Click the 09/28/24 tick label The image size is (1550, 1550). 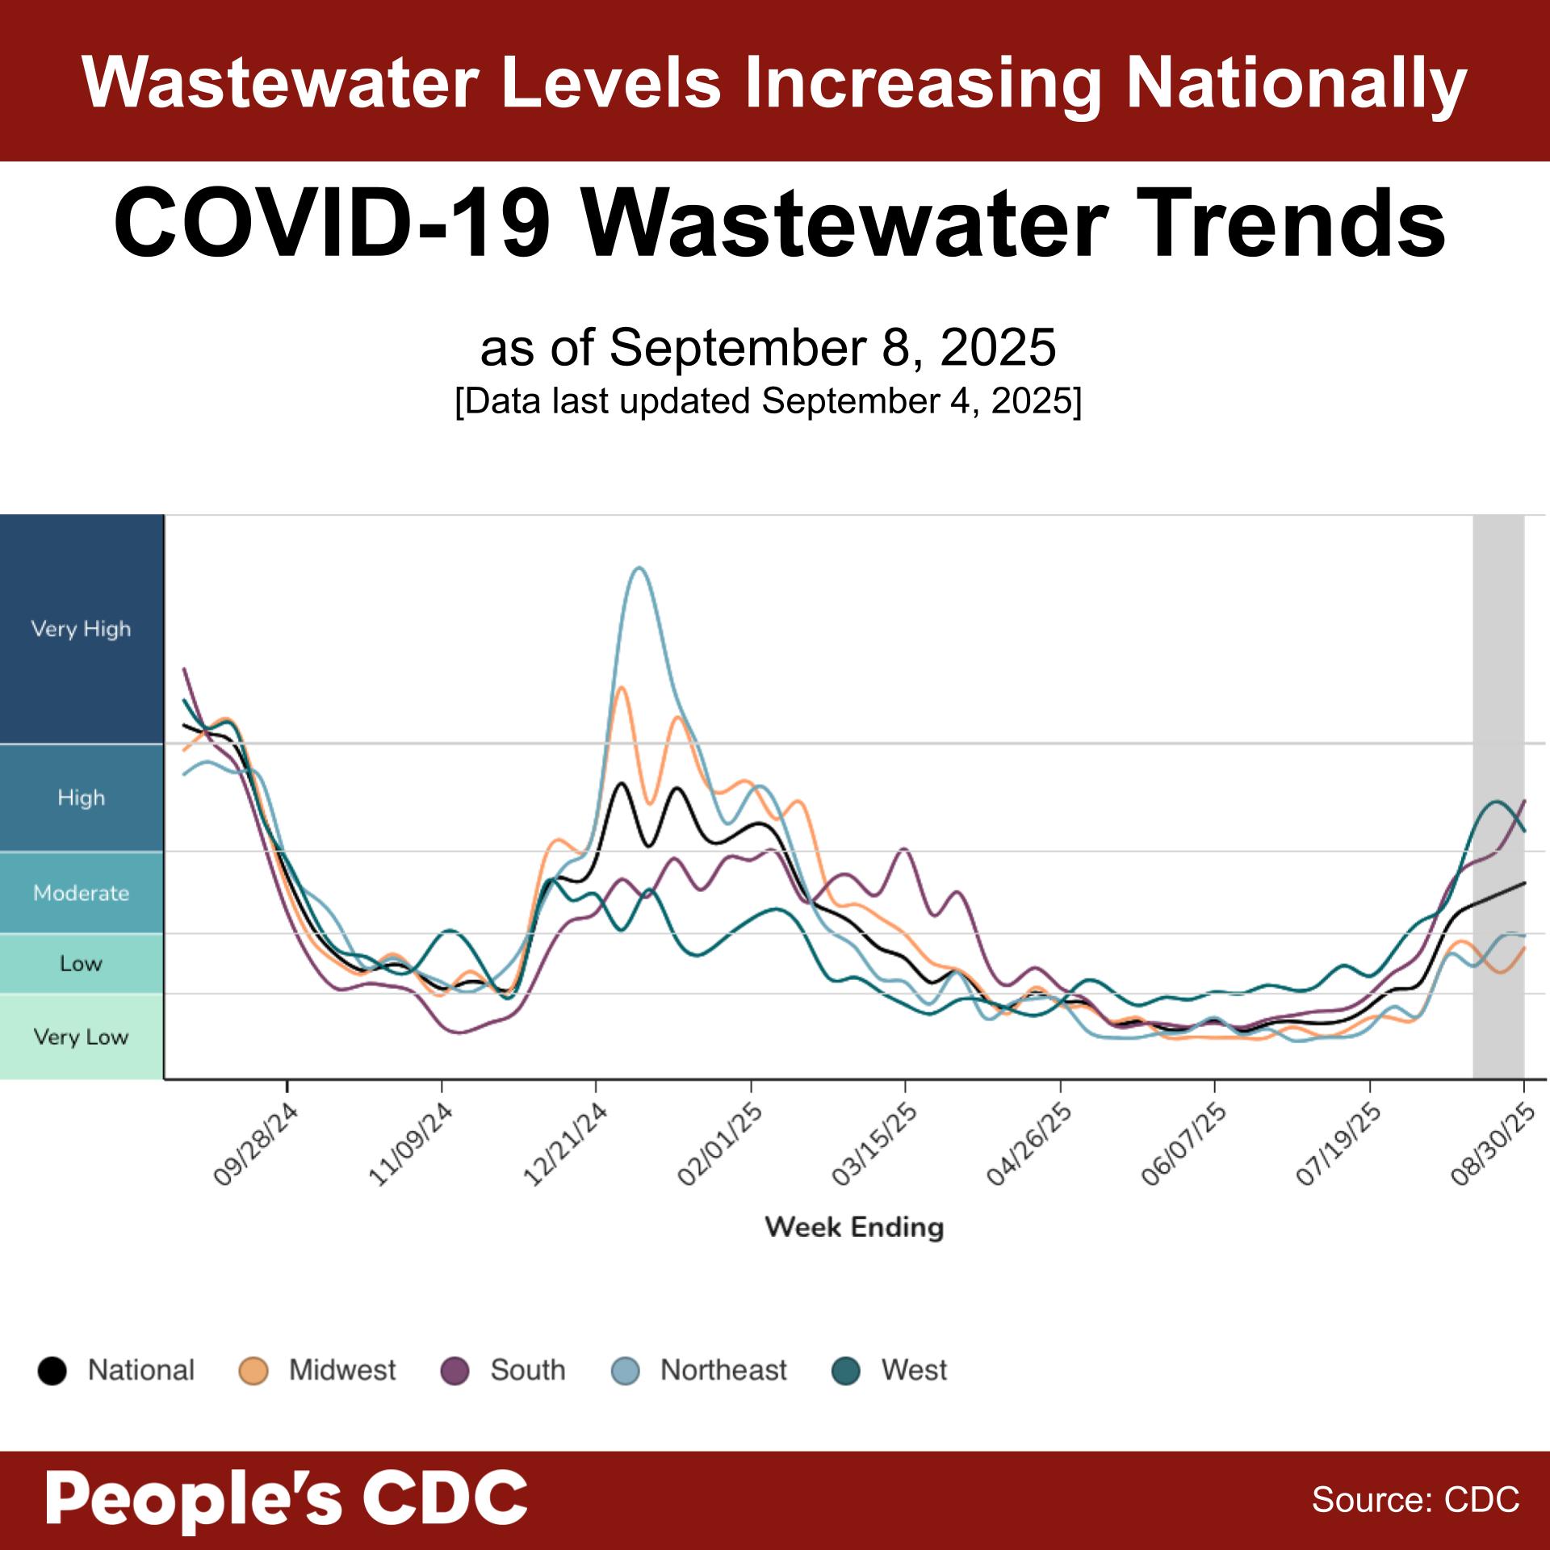256,1144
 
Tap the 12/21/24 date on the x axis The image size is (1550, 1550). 565,1144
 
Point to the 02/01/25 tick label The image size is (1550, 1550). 720,1144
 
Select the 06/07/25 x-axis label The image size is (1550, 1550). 1183,1144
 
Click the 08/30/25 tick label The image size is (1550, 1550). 1493,1144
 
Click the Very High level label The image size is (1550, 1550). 81,629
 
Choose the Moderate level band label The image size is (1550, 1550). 81,893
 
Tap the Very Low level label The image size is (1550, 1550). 81,1037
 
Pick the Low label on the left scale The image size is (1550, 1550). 81,963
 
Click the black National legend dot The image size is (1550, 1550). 52,1371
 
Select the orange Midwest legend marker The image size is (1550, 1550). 253,1371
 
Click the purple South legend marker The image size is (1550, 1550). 455,1371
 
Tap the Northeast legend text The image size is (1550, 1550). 723,1370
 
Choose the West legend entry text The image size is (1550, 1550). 914,1370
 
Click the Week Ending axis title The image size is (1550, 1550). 854,1227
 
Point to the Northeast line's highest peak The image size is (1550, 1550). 639,568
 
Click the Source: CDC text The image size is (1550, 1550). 1415,1499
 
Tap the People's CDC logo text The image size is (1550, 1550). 287,1498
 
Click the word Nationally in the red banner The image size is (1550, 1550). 1296,83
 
